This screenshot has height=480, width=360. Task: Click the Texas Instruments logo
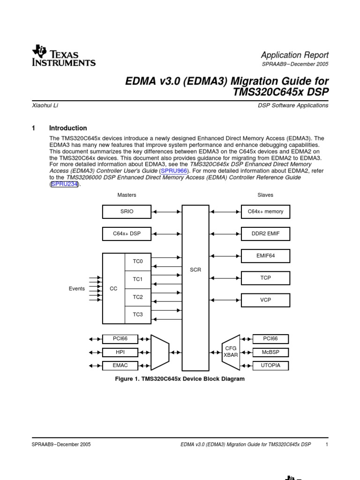pyautogui.click(x=64, y=56)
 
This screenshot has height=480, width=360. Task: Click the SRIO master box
pyautogui.click(x=127, y=212)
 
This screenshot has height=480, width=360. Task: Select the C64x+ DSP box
pyautogui.click(x=127, y=233)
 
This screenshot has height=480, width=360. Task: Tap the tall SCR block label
pyautogui.click(x=195, y=270)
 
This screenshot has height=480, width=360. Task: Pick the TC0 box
pyautogui.click(x=138, y=262)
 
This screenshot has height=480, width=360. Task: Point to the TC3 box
pyautogui.click(x=138, y=315)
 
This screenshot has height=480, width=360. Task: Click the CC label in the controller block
pyautogui.click(x=113, y=289)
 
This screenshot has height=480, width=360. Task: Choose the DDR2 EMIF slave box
pyautogui.click(x=265, y=233)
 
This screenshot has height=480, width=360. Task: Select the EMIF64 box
pyautogui.click(x=265, y=256)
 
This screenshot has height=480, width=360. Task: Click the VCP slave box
pyautogui.click(x=265, y=300)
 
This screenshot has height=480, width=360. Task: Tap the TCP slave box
pyautogui.click(x=265, y=278)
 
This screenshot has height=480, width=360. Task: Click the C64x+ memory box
pyautogui.click(x=265, y=212)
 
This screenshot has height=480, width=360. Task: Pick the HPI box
pyautogui.click(x=120, y=352)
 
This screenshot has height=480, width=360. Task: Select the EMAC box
pyautogui.click(x=120, y=366)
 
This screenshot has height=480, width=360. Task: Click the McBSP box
pyautogui.click(x=270, y=352)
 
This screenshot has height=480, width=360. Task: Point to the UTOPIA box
pyautogui.click(x=270, y=366)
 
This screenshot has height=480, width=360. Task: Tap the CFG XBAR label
pyautogui.click(x=231, y=352)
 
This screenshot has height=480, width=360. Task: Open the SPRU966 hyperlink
pyautogui.click(x=174, y=172)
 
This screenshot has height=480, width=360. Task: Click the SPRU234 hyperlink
pyautogui.click(x=64, y=184)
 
